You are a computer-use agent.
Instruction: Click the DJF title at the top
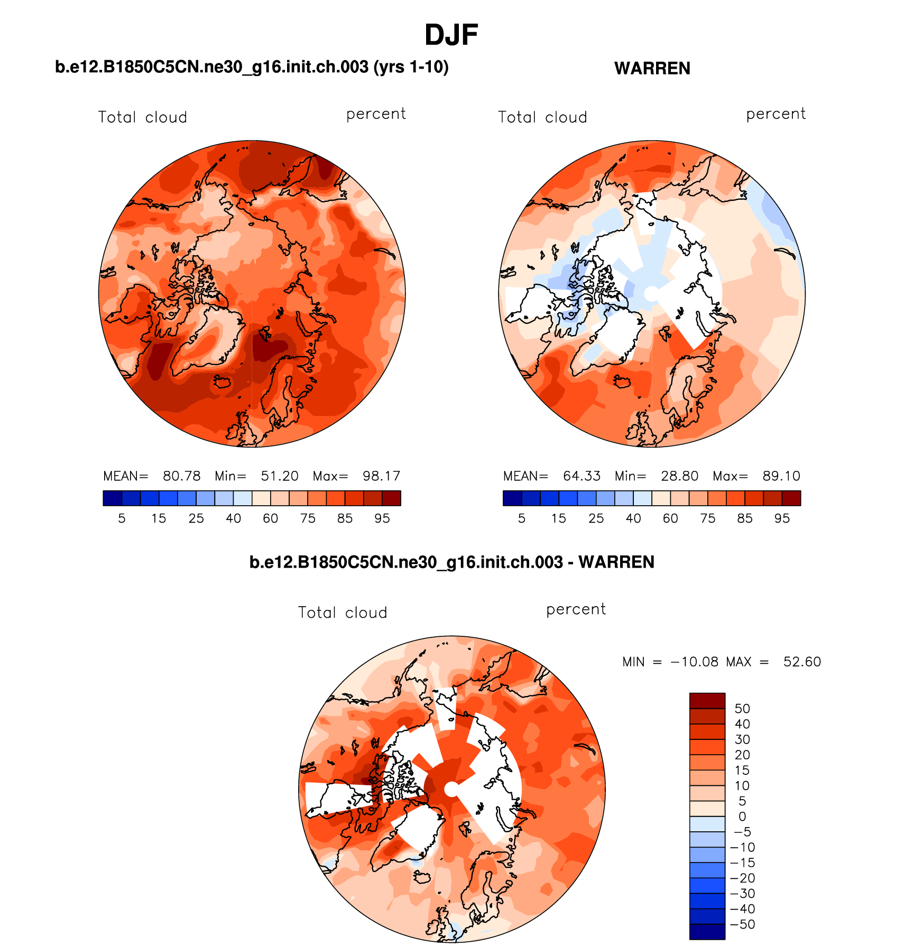click(451, 35)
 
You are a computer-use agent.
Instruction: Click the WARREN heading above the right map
click(652, 69)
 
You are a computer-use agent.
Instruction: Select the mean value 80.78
click(181, 476)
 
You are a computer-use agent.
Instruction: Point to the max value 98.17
click(381, 476)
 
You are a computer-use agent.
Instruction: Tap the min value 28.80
click(679, 476)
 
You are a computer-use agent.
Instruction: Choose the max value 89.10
click(781, 476)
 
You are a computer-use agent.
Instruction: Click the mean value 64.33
click(582, 476)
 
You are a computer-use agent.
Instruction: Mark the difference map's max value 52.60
click(802, 662)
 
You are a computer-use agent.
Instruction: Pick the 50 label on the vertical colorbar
click(742, 709)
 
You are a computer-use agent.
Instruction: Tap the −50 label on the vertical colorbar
click(742, 924)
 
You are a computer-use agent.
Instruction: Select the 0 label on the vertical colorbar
click(742, 817)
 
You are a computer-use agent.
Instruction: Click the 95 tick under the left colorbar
click(382, 518)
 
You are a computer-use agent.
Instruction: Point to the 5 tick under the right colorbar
click(522, 518)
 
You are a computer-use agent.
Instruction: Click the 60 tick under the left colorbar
click(271, 518)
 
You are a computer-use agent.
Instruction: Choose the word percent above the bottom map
click(576, 609)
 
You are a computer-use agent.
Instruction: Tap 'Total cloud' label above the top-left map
click(143, 117)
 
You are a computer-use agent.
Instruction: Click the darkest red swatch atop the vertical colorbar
click(707, 700)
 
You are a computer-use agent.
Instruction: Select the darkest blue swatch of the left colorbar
click(112, 498)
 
